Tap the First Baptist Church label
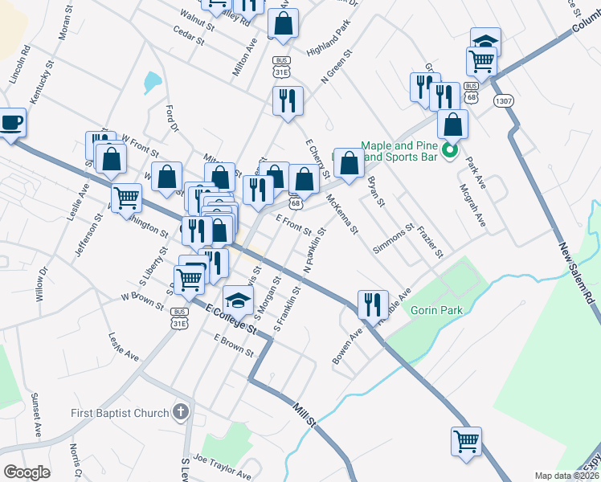pos(119,413)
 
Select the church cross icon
pos(181,413)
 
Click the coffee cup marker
pos(11,123)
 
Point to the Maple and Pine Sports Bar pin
pos(449,150)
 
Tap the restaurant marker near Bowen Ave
pos(372,304)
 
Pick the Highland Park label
pos(329,38)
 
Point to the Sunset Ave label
pos(36,415)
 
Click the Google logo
pos(26,472)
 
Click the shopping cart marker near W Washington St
pos(126,198)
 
